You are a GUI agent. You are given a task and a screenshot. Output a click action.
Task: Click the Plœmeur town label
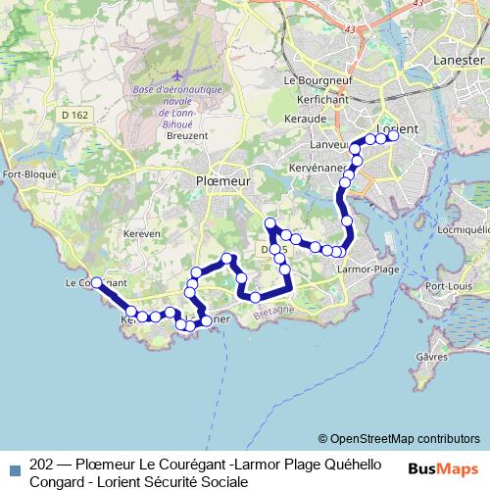tap(223, 181)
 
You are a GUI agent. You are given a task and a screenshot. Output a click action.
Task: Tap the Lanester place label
tap(458, 61)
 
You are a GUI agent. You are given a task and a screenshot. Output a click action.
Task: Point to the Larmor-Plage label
tap(366, 269)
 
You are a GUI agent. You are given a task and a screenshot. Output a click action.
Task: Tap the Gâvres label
tap(431, 357)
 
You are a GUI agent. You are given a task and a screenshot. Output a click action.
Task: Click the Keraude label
tap(307, 118)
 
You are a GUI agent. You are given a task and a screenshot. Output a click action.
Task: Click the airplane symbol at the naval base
tap(176, 75)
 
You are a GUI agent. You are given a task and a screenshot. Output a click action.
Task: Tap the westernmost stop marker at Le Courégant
tap(96, 282)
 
